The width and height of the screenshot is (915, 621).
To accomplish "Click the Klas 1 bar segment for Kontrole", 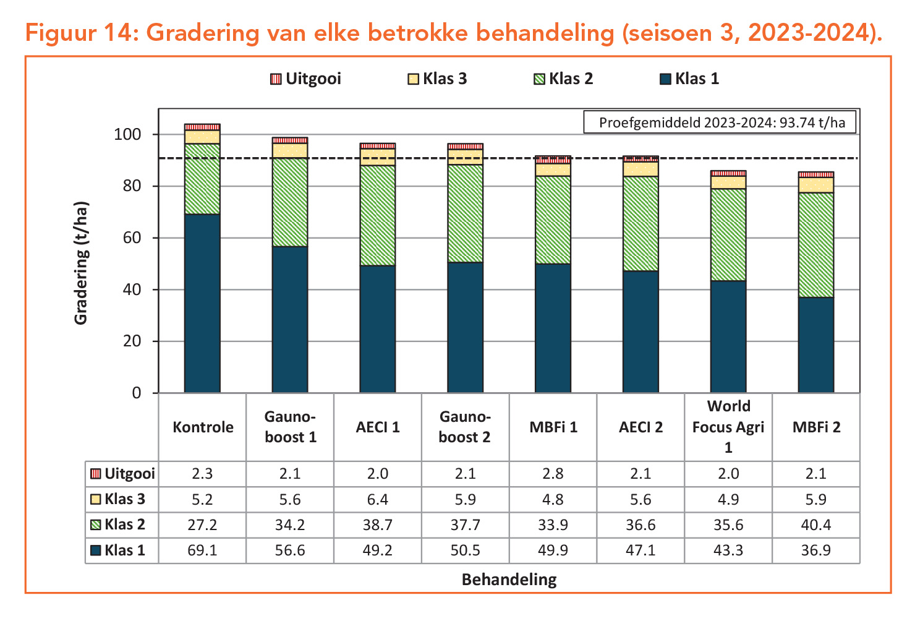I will pyautogui.click(x=202, y=303).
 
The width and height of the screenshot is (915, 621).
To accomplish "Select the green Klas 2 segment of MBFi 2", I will pyautogui.click(x=815, y=245).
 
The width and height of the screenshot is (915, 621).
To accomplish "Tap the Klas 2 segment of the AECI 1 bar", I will pyautogui.click(x=378, y=215).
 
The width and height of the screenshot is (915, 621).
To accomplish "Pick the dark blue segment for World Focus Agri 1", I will pyautogui.click(x=728, y=336).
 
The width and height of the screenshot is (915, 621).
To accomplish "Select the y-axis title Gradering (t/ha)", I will pyautogui.click(x=81, y=263).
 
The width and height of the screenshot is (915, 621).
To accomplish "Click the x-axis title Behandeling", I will pyautogui.click(x=509, y=580).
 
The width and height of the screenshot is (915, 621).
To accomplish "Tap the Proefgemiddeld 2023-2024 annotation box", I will pyautogui.click(x=721, y=122).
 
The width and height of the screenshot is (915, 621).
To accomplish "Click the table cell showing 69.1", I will pyautogui.click(x=202, y=550).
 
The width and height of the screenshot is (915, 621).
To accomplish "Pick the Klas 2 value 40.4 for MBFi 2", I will pyautogui.click(x=816, y=525).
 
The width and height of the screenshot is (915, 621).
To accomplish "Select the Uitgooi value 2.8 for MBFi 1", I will pyautogui.click(x=553, y=474).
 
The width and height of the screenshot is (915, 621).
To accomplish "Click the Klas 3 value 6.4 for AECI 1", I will pyautogui.click(x=378, y=499).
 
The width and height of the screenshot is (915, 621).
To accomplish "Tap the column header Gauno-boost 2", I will pyautogui.click(x=465, y=427).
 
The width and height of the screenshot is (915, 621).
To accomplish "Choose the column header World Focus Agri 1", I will pyautogui.click(x=728, y=427).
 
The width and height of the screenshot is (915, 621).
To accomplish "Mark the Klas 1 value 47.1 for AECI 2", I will pyautogui.click(x=640, y=550).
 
